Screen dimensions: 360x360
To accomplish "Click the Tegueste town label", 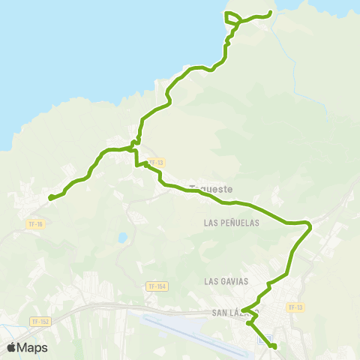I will (211, 190).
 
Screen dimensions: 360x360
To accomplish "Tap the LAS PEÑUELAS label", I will (231, 223).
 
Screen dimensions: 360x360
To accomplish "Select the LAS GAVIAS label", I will (224, 280).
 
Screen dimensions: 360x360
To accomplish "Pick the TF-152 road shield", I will (40, 322).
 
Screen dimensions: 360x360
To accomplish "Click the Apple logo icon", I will (12, 347).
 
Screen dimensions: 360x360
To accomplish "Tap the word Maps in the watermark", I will (34, 348).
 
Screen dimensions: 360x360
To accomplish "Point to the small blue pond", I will (121, 238).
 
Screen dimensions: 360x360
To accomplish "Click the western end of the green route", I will (50, 198).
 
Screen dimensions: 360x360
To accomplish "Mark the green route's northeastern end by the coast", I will (271, 12).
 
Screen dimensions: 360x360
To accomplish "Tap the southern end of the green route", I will (274, 346).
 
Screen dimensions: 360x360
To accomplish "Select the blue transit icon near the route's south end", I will (261, 339).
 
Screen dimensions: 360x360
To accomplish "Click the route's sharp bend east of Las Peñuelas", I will (308, 224).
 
